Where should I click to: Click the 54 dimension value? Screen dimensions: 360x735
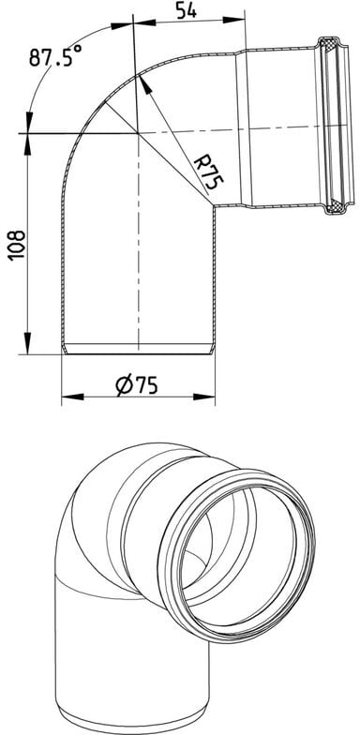point(186,9)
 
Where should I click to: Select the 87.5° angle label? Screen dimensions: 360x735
point(55,56)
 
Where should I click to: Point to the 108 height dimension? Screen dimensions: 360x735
point(16,244)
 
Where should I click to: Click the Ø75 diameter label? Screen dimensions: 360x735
point(137,385)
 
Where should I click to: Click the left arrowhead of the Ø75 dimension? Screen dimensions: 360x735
point(73,397)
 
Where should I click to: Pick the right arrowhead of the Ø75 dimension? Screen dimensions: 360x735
point(204,397)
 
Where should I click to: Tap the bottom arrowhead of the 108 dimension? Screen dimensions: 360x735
point(28,343)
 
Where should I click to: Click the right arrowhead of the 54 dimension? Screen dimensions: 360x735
point(234,20)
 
